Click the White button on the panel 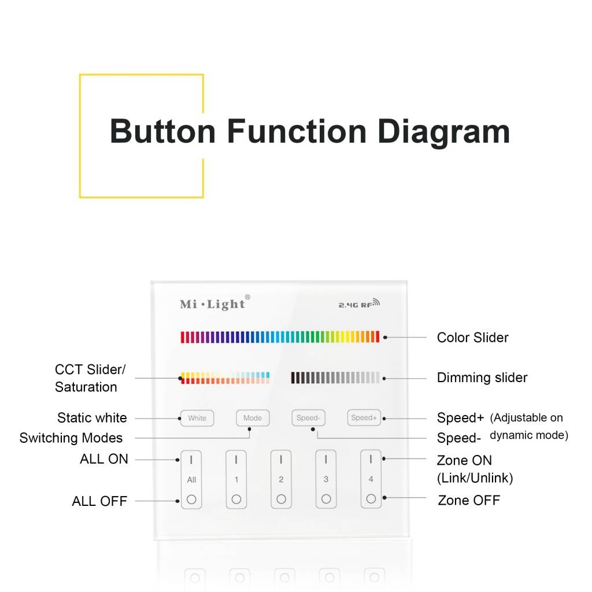click(197, 419)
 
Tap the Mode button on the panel click(253, 418)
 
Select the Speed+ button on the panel click(364, 417)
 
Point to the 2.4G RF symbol click(359, 304)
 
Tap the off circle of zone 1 click(236, 499)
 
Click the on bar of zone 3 click(326, 459)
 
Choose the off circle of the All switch click(191, 499)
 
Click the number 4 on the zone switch click(371, 479)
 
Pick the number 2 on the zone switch click(281, 479)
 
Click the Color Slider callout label click(472, 338)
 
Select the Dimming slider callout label click(482, 378)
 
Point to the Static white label click(92, 417)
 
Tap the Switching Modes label click(71, 438)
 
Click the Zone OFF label click(468, 500)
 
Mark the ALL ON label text click(104, 458)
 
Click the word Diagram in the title click(443, 132)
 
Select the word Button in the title click(162, 131)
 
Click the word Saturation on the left click(86, 387)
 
